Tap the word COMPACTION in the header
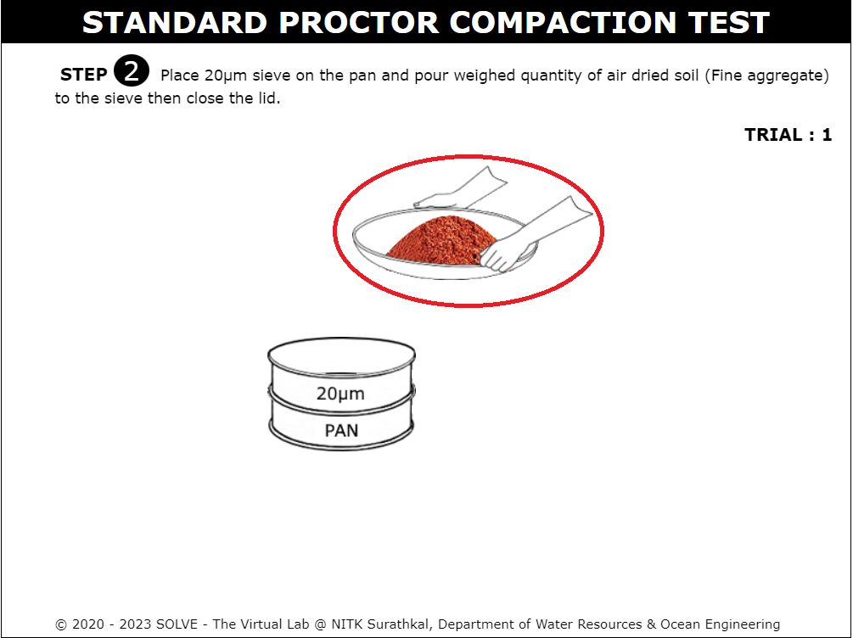click(563, 23)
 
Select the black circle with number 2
click(131, 70)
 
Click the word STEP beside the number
click(83, 75)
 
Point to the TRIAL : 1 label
click(788, 134)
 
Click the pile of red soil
click(441, 241)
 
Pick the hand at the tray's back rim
click(461, 188)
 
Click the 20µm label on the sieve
click(340, 394)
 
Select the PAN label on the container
click(341, 430)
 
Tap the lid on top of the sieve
click(342, 356)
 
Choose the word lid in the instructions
click(269, 98)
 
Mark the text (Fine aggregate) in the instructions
click(767, 76)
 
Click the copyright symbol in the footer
click(61, 624)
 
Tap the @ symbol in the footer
click(321, 624)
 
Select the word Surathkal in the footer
click(397, 624)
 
